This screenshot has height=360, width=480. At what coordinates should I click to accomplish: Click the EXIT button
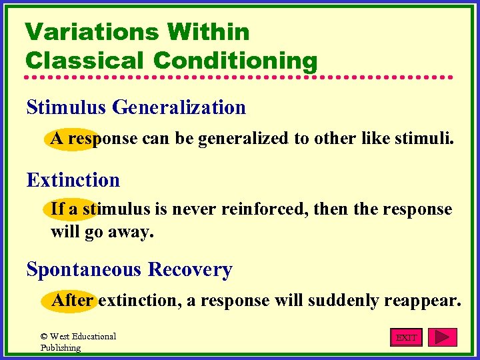(406, 337)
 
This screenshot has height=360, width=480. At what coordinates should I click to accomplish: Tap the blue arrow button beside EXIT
(442, 337)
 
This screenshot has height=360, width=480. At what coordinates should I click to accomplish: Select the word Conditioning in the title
(235, 60)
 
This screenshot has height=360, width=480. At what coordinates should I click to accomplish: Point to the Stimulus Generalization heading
(136, 107)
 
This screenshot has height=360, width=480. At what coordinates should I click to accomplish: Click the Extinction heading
(73, 180)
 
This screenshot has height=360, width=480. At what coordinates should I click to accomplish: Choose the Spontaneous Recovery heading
(129, 269)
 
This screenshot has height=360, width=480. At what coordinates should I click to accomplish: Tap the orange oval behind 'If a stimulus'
(70, 209)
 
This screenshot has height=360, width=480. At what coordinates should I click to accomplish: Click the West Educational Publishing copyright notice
(77, 342)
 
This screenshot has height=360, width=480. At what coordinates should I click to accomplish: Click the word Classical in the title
(85, 60)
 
